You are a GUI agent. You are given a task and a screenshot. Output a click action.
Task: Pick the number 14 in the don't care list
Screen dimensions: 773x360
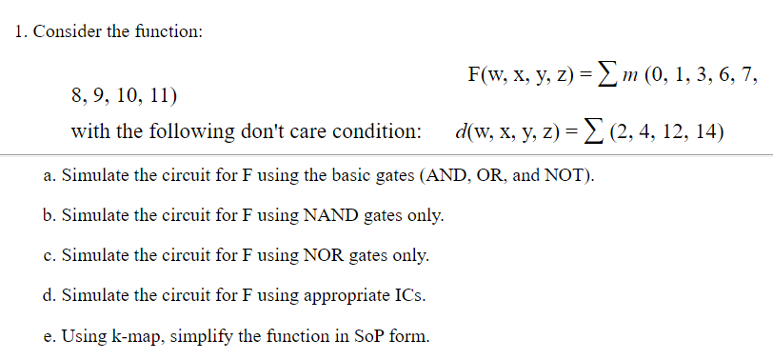pos(709,131)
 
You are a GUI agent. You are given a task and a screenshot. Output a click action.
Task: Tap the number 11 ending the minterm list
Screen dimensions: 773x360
pos(164,96)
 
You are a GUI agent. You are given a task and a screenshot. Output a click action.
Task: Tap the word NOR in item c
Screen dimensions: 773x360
pos(324,254)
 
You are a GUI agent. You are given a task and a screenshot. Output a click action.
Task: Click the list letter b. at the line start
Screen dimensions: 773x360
pos(50,215)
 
